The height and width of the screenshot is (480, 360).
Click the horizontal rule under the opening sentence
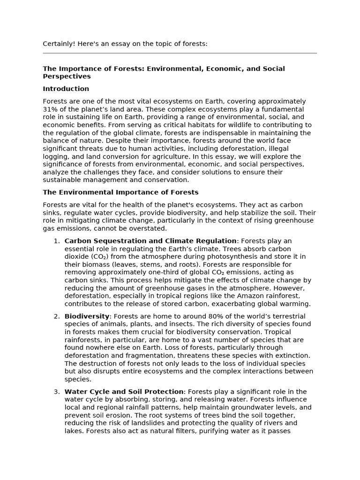pyautogui.click(x=180, y=53)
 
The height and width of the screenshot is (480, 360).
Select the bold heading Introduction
pyautogui.click(x=66, y=89)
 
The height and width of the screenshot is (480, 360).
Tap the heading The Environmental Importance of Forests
pyautogui.click(x=120, y=192)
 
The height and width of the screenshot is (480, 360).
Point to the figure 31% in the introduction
pyautogui.click(x=50, y=109)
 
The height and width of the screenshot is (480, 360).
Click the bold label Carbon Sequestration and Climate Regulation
pyautogui.click(x=150, y=241)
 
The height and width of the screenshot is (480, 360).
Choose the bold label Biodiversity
pyautogui.click(x=87, y=316)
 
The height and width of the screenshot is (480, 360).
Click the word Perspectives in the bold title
pyautogui.click(x=67, y=76)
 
